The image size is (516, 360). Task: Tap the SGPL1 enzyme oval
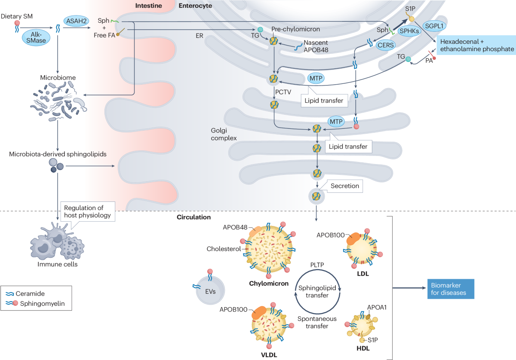pos(436,26)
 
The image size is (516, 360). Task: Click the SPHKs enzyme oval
pos(409,31)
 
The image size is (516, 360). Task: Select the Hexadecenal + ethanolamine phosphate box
pos(476,45)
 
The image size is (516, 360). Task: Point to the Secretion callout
pos(344,186)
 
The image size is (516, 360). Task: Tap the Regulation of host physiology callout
pos(88,211)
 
